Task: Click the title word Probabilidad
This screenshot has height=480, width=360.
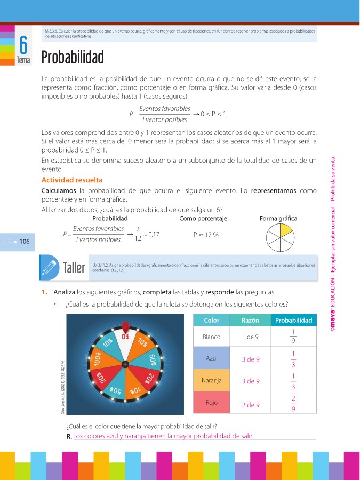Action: tap(72, 58)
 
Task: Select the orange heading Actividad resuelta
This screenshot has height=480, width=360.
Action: tap(72, 180)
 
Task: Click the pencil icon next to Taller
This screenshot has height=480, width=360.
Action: tap(50, 267)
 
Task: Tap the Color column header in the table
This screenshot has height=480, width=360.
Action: tap(212, 321)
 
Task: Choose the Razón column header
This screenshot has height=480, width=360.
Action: tap(250, 321)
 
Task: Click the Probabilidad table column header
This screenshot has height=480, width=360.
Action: tap(293, 321)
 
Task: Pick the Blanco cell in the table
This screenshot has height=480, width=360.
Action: tap(212, 337)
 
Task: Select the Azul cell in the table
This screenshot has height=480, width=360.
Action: tap(212, 358)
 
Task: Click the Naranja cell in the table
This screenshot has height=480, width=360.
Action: tap(212, 381)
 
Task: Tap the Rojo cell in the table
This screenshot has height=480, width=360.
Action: tap(212, 403)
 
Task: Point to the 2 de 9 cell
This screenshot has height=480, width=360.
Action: tap(250, 405)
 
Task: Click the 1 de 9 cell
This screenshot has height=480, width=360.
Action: tap(250, 337)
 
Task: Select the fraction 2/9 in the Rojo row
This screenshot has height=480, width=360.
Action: tap(293, 404)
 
